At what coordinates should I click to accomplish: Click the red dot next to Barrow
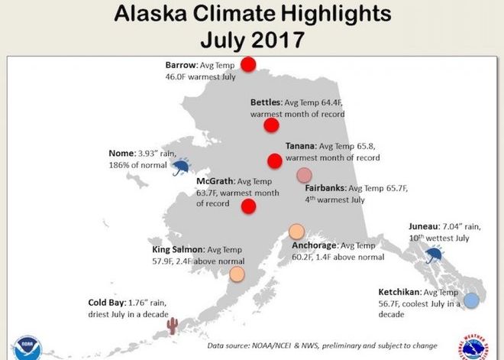point(248,64)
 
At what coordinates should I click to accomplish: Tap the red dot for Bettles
point(271,125)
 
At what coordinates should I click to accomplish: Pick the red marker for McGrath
point(248,206)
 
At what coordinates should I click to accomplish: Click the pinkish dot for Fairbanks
point(304,174)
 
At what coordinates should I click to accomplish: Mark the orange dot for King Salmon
point(237,273)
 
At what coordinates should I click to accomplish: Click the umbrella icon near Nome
point(181,166)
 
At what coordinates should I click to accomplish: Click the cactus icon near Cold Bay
point(173,326)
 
